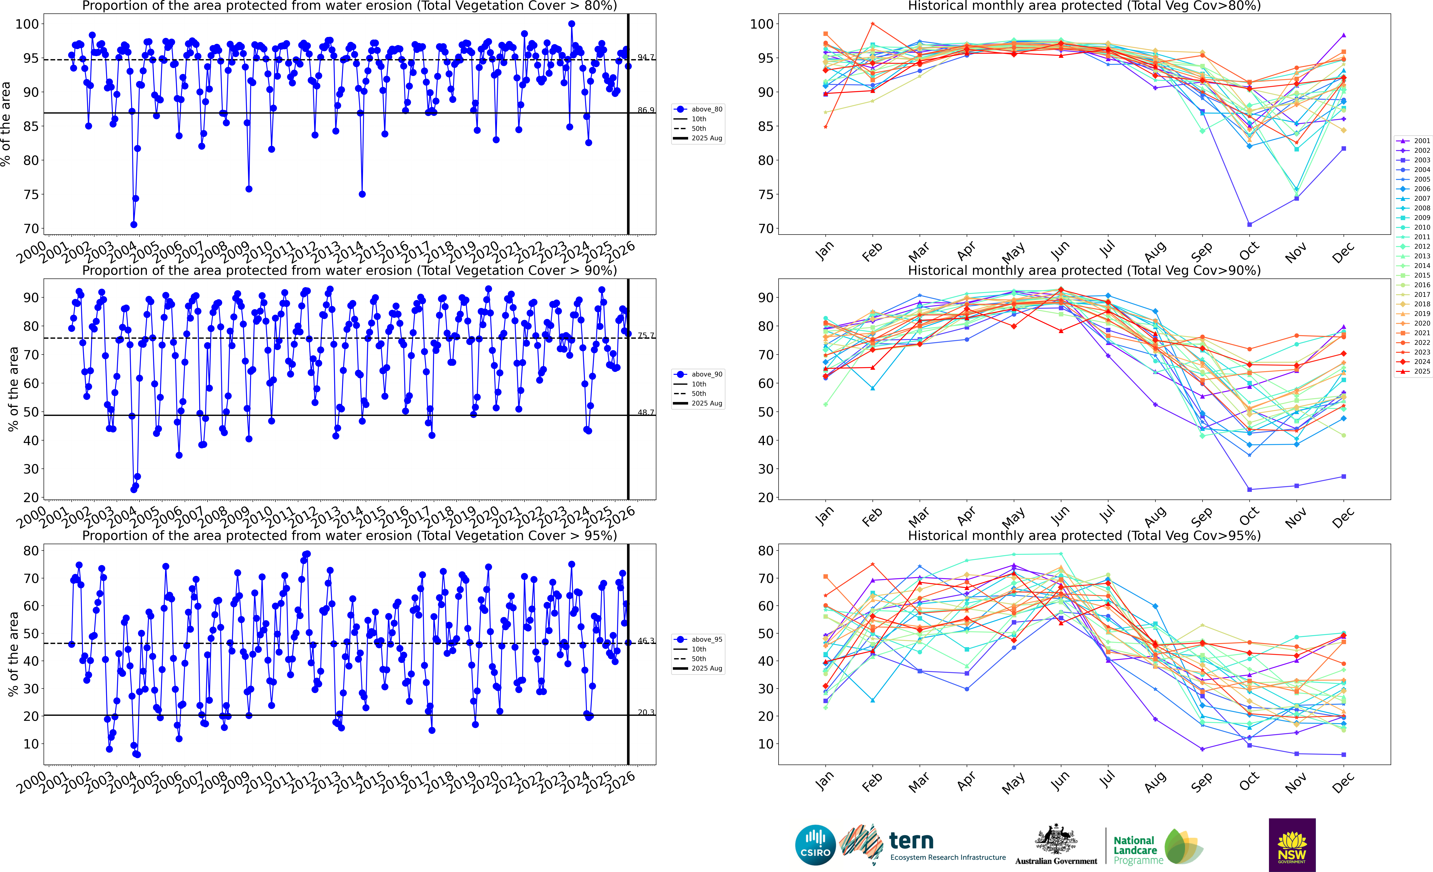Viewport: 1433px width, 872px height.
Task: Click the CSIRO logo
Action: pos(815,845)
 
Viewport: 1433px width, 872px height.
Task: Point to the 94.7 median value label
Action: pos(645,57)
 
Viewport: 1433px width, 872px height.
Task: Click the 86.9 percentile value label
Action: pos(645,110)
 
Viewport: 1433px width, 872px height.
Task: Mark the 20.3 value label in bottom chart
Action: pos(645,712)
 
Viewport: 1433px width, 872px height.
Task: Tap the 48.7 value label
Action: pos(645,412)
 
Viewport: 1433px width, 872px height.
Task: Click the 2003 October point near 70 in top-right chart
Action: pos(1249,224)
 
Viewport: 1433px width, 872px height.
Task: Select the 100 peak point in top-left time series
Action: pos(572,24)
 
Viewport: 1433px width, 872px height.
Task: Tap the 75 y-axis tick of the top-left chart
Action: pos(31,195)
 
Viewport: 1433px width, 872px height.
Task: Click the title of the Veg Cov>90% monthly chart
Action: pos(1084,271)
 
